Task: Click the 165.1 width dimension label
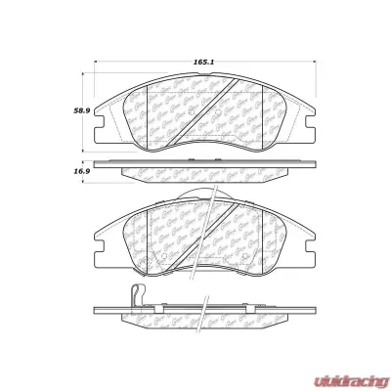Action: click(203, 62)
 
